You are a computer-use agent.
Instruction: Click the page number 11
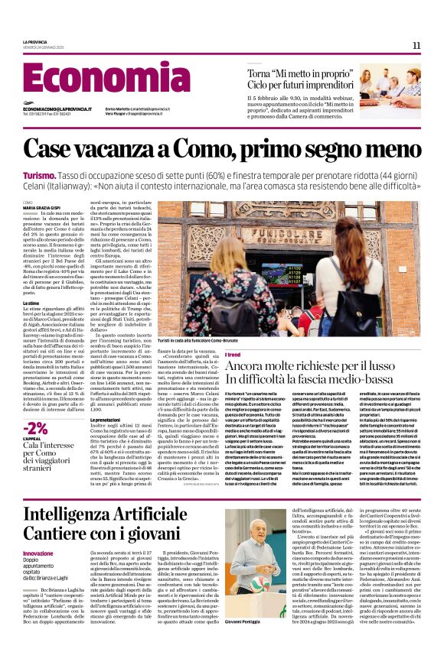pos(416,46)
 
